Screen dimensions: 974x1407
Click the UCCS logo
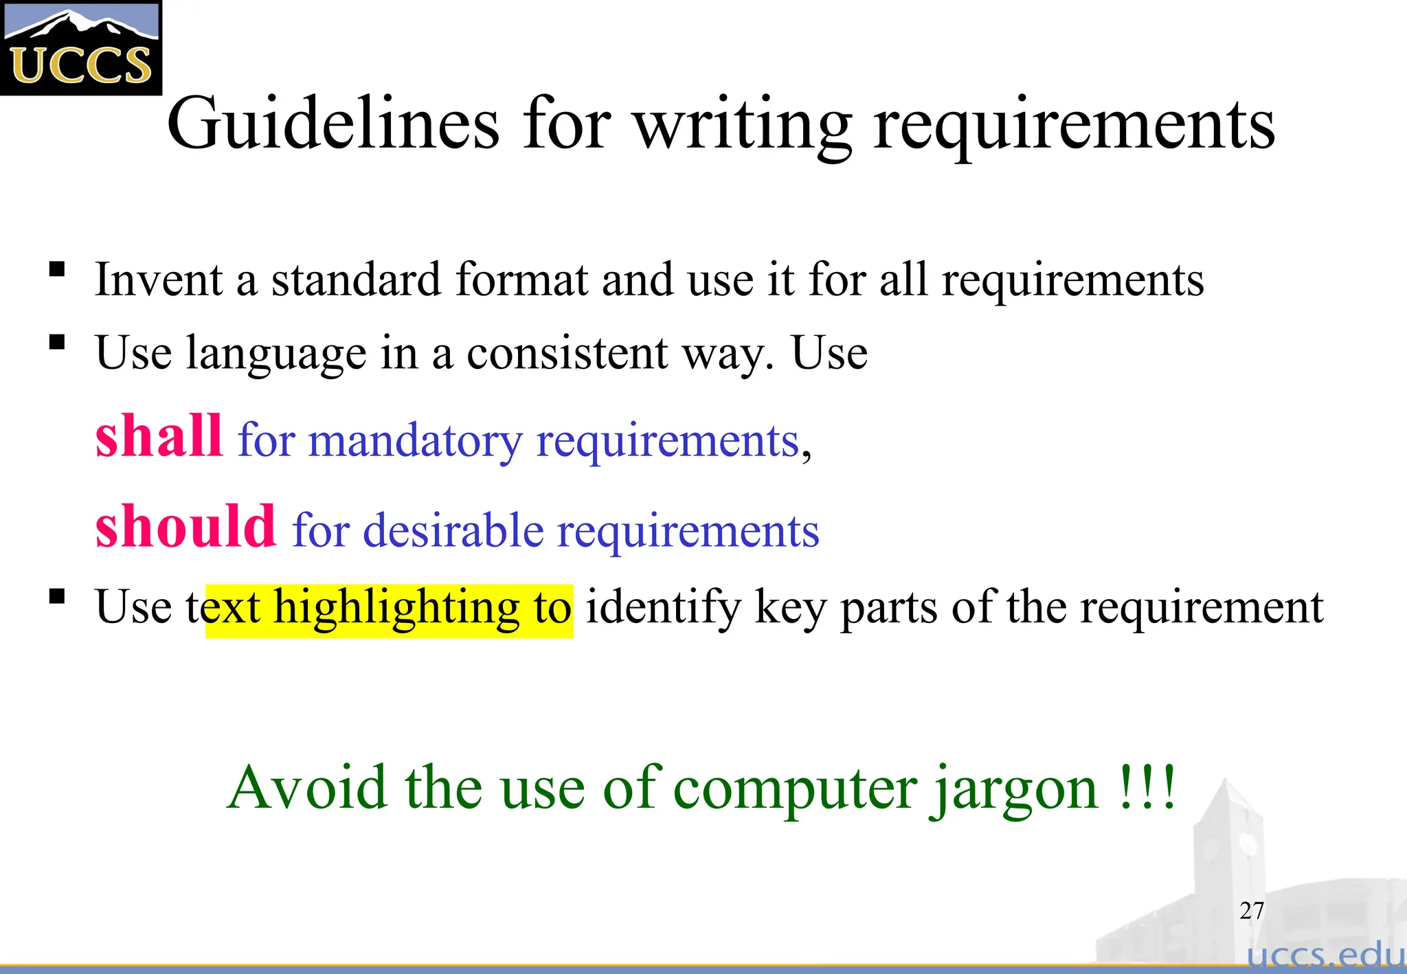coord(80,47)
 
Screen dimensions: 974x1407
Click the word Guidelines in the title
coord(333,124)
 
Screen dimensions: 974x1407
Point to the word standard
coord(356,280)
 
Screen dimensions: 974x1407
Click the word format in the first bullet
coord(521,280)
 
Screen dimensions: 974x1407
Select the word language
coord(276,354)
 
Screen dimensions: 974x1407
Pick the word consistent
coord(567,353)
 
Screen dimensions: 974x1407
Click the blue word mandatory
coord(415,442)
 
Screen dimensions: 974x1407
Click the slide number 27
coord(1252,911)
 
